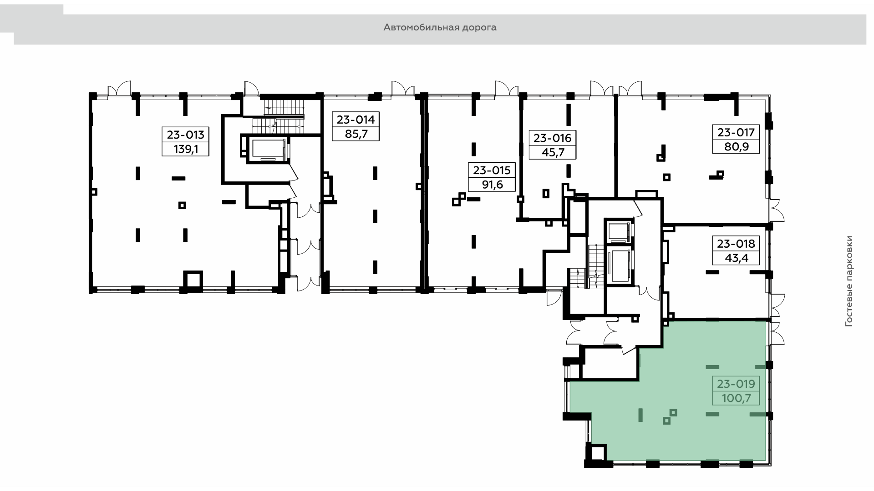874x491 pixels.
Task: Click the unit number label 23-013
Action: coord(186,135)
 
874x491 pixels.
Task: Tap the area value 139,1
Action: coord(185,149)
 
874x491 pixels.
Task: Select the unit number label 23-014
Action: coord(356,120)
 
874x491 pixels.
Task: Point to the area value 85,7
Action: coord(356,134)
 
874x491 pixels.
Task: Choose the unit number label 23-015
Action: coord(492,170)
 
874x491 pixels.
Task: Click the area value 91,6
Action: coord(492,185)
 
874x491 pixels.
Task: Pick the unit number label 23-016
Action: coord(553,138)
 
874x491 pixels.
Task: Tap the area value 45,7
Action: coord(553,152)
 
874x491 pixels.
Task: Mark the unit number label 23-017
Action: coord(736,132)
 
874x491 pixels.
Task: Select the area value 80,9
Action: coord(736,147)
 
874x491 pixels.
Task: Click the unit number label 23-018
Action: coord(736,244)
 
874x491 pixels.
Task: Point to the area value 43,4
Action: coord(737,258)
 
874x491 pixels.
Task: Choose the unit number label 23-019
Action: coord(736,384)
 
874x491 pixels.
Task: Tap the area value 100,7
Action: coord(737,399)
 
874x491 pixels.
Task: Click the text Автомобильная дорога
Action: coord(440,28)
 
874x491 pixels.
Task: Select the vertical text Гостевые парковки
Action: coord(848,281)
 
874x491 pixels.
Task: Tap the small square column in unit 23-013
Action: coord(182,205)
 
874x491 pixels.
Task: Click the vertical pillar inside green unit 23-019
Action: coord(640,415)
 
